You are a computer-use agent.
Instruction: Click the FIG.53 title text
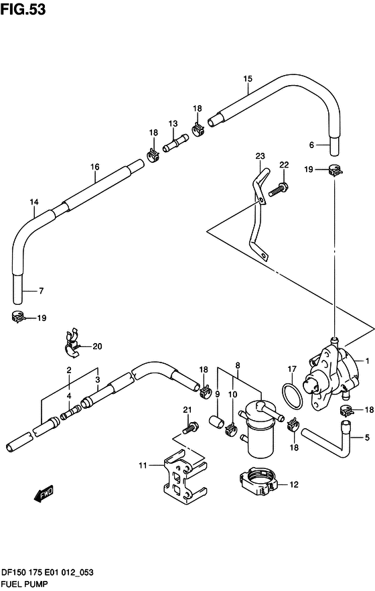click(23, 9)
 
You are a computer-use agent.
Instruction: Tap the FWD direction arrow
click(44, 494)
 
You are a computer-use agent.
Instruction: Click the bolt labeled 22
click(279, 189)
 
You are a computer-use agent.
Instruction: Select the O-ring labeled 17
click(292, 397)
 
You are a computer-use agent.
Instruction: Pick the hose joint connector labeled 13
click(175, 143)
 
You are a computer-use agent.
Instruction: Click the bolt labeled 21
click(190, 428)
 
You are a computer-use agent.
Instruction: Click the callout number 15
click(248, 79)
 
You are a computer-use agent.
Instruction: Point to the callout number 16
click(95, 167)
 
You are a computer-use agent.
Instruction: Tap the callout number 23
click(260, 155)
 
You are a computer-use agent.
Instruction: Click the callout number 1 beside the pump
click(367, 361)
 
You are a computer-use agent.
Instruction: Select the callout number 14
click(34, 202)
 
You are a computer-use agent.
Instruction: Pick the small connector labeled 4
click(70, 412)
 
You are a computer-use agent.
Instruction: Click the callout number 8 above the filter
click(238, 365)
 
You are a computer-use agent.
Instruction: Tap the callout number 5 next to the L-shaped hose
click(367, 438)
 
